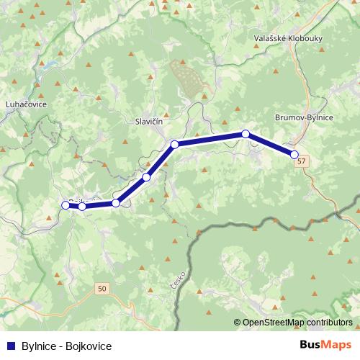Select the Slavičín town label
tap(152, 122)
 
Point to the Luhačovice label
tap(26, 104)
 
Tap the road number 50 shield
tap(102, 289)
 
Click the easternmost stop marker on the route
tap(294, 154)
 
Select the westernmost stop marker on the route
tap(66, 205)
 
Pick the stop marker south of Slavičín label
tap(174, 145)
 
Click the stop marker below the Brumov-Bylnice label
tap(246, 134)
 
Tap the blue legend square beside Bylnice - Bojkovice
tap(9, 346)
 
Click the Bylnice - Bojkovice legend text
tap(66, 346)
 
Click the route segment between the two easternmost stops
tap(270, 144)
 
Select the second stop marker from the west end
tap(82, 207)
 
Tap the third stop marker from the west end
tap(116, 203)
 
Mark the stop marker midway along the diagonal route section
tap(146, 177)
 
